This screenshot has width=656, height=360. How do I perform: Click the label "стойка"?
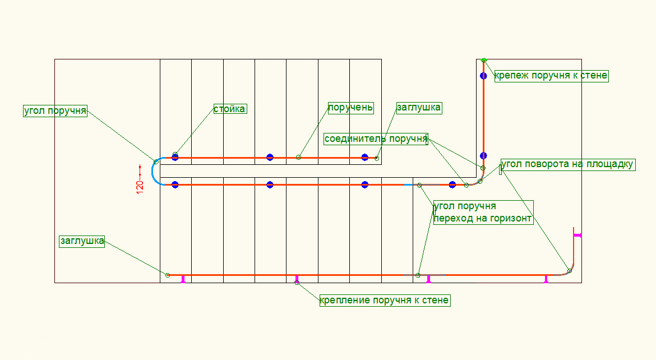tap(230, 109)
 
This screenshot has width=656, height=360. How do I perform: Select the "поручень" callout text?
tap(350, 107)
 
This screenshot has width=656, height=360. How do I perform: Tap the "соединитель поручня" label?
tap(376, 139)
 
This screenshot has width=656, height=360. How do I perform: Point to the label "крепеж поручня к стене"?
tap(551, 76)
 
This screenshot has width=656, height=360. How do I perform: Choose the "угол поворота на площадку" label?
tap(567, 164)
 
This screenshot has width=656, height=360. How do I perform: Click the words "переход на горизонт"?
tap(483, 219)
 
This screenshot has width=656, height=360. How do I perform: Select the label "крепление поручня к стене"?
tap(385, 301)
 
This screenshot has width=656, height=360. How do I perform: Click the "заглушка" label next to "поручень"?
tap(419, 107)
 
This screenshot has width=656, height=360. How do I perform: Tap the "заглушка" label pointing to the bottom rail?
tap(82, 241)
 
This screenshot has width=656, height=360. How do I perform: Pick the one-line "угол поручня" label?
tap(55, 110)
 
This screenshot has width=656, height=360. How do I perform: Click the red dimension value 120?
tap(140, 187)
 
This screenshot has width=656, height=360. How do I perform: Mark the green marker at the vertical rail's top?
tap(484, 60)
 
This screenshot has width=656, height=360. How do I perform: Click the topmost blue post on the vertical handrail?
tap(483, 76)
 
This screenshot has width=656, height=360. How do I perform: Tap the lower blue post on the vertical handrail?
tap(483, 156)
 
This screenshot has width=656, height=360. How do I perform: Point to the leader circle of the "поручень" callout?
tap(298, 157)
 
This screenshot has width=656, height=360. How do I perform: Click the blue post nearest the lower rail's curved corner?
tap(452, 184)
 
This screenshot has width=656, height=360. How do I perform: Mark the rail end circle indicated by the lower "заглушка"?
tap(168, 275)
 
